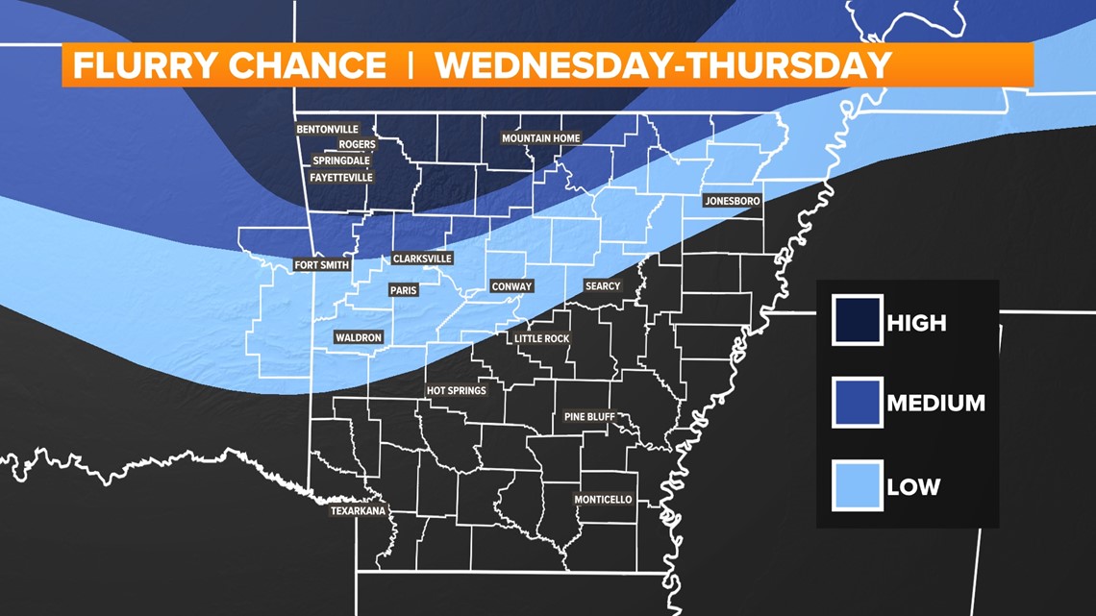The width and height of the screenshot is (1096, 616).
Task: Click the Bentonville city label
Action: pyautogui.click(x=327, y=129)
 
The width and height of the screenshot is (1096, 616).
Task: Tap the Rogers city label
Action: pyautogui.click(x=357, y=145)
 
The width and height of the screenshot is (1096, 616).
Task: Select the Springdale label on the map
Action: pyautogui.click(x=340, y=160)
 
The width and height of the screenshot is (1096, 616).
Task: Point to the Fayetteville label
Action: pyautogui.click(x=341, y=178)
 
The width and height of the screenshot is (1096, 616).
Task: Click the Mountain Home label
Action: pyautogui.click(x=541, y=138)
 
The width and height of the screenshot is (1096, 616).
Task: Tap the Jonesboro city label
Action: pyautogui.click(x=733, y=201)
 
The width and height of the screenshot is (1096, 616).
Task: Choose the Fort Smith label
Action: pyautogui.click(x=322, y=265)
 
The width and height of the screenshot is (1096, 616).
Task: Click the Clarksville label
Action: pyautogui.click(x=422, y=259)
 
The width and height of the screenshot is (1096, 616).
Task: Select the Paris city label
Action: pyautogui.click(x=403, y=290)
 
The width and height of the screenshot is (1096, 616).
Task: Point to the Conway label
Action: pyautogui.click(x=511, y=286)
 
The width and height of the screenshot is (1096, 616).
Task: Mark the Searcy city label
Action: pyautogui.click(x=603, y=286)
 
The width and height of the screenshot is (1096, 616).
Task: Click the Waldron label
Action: pyautogui.click(x=359, y=337)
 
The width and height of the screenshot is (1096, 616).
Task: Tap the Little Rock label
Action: pyautogui.click(x=542, y=338)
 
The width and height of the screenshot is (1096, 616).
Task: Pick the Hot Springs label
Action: pyautogui.click(x=457, y=391)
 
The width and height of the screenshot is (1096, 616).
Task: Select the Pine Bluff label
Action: pyautogui.click(x=589, y=417)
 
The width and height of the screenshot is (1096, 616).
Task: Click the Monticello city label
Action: pyautogui.click(x=603, y=500)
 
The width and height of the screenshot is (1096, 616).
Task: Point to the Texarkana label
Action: pyautogui.click(x=358, y=511)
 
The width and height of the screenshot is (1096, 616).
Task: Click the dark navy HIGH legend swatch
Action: pyautogui.click(x=858, y=322)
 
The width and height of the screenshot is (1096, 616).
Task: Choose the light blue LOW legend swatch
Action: pyautogui.click(x=858, y=485)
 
